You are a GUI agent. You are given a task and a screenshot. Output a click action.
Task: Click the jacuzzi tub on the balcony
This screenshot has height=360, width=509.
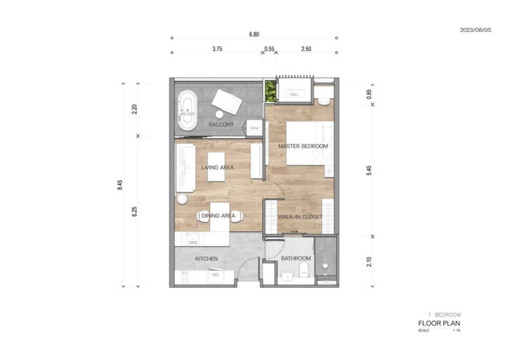tap(186, 111)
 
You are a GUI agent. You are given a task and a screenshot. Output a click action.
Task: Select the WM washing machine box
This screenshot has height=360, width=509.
tap(254, 128)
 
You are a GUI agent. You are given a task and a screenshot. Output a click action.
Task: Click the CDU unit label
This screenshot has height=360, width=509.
tap(293, 94)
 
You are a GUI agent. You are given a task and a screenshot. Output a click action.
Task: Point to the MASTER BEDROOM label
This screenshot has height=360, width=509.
tap(303, 146)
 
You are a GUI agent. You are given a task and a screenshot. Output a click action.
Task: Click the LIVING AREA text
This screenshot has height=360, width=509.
tap(218, 168)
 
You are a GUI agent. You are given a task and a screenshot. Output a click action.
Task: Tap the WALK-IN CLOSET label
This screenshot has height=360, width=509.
tap(300, 217)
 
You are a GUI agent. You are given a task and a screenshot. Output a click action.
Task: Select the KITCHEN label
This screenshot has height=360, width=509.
tap(207, 259)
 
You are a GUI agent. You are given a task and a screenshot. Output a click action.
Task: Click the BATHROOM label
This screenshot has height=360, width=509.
tap(296, 258)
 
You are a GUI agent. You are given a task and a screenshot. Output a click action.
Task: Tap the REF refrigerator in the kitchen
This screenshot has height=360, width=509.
tap(216, 275)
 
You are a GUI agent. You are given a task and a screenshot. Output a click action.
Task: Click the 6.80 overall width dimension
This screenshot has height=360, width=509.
tap(254, 34)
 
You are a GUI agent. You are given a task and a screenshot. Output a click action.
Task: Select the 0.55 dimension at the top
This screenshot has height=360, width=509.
tap(269, 48)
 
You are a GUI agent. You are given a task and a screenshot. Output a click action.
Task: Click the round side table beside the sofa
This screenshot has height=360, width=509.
tap(181, 199)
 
